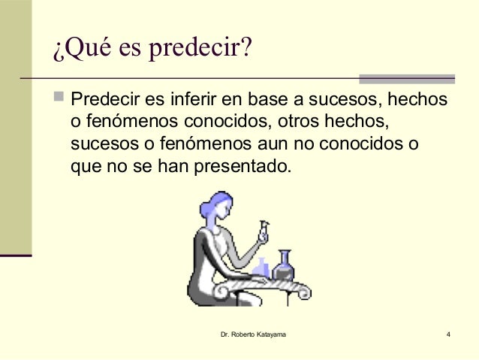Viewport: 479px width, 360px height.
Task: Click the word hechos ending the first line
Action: (x=420, y=100)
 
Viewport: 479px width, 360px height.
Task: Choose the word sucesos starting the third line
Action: (x=102, y=143)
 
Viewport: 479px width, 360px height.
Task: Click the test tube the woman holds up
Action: (x=264, y=228)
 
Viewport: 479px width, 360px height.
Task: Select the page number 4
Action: (x=447, y=333)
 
